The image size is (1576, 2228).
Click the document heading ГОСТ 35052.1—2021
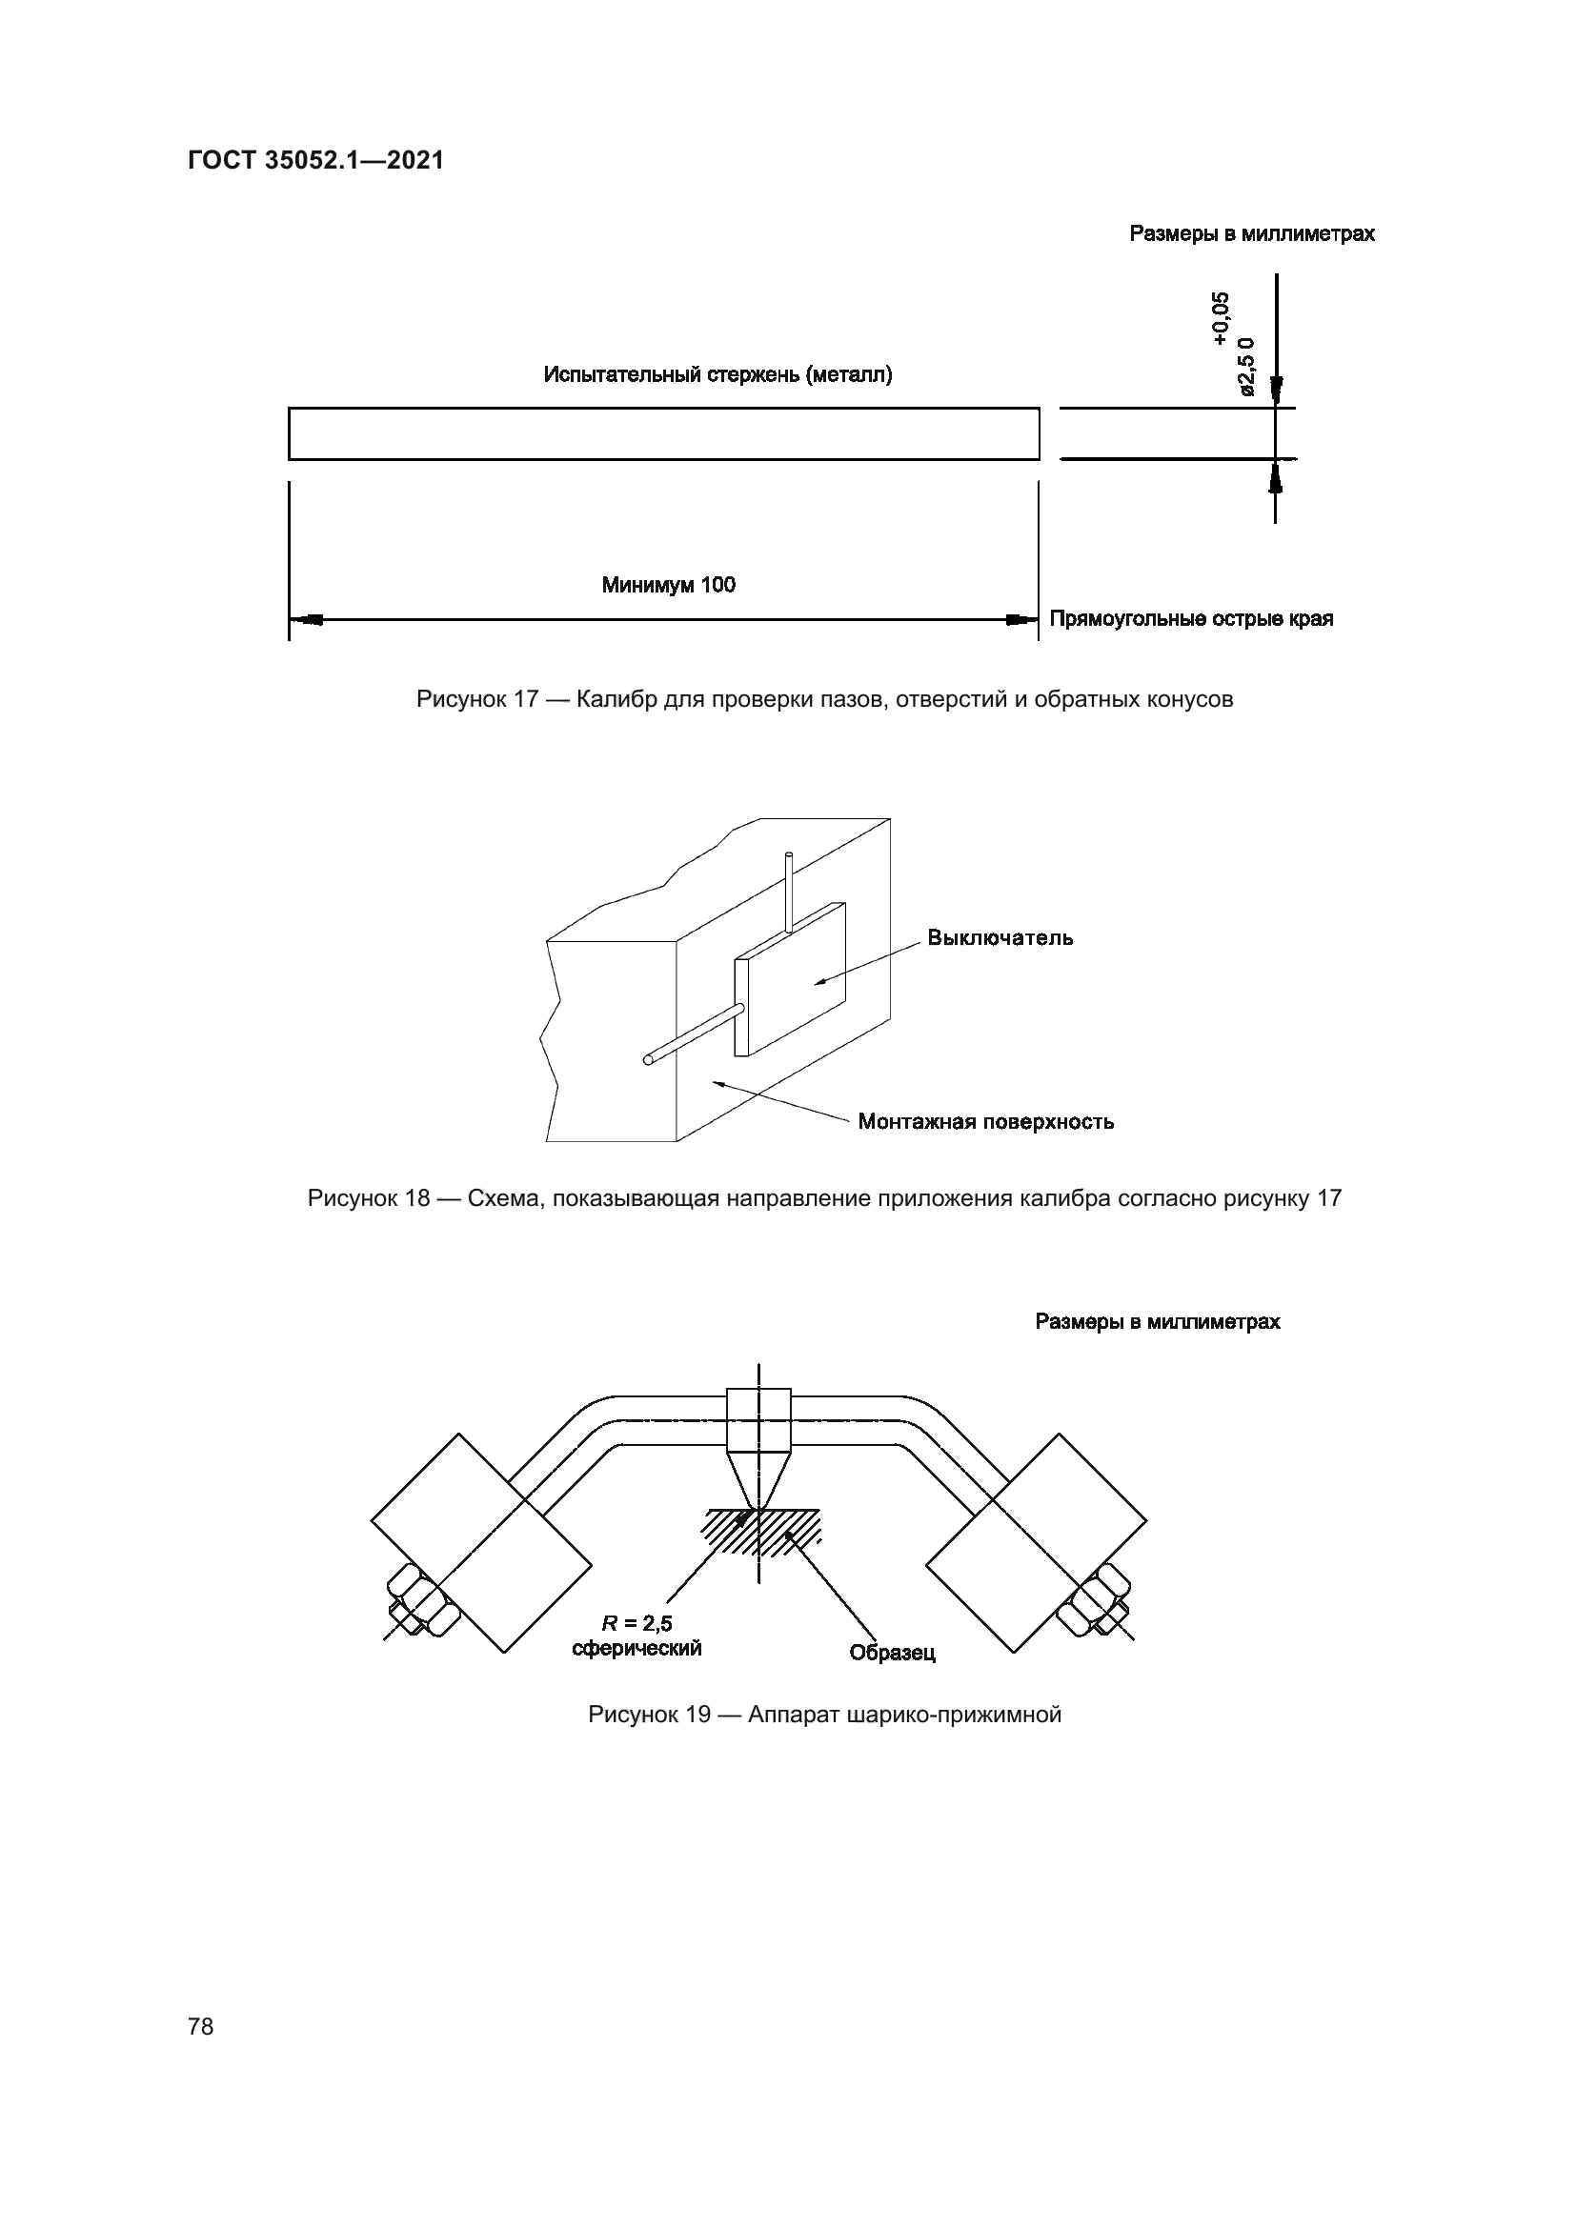[x=315, y=161]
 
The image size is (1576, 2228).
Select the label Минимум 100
[x=668, y=585]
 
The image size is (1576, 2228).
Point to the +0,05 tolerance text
[x=1220, y=317]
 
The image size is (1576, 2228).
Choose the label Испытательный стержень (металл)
[x=717, y=374]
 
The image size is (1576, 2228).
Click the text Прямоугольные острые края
[x=1191, y=619]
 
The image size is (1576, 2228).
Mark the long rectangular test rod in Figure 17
[x=663, y=433]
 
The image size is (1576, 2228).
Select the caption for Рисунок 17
[x=824, y=700]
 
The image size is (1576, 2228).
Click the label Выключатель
[x=1000, y=938]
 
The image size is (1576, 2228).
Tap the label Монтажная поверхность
[x=985, y=1123]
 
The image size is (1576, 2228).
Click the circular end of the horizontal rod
[x=647, y=1059]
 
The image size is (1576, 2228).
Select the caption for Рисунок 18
[x=824, y=1198]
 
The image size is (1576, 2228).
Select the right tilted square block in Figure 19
[x=1037, y=1543]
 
